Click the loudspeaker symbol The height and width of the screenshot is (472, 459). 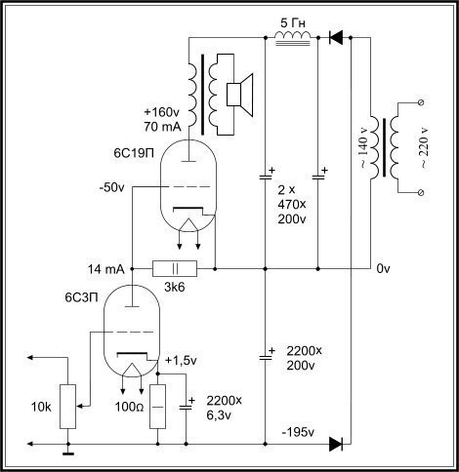point(239,95)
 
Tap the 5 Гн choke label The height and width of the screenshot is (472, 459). point(293,23)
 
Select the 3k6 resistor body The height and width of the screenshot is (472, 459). point(175,268)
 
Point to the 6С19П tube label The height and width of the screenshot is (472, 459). point(134,153)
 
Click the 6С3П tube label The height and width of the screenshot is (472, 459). point(81,297)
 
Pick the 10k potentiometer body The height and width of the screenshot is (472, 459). point(68,407)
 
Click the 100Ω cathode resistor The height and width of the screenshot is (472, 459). point(158,407)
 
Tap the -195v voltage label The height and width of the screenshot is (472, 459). point(298,432)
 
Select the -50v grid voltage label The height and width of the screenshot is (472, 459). point(111,187)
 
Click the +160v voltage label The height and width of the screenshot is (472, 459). point(161,112)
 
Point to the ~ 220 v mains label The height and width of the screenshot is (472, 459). point(424,147)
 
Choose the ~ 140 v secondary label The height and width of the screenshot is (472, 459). point(363,147)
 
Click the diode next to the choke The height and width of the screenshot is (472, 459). point(336,38)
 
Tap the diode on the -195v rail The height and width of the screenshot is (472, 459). point(336,444)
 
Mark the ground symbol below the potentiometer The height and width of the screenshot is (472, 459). point(68,452)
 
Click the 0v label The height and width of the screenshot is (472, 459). point(383,269)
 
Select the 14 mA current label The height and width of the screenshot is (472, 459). point(106,269)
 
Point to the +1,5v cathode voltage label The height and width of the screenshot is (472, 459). point(181,361)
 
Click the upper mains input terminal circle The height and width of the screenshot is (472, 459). point(421,102)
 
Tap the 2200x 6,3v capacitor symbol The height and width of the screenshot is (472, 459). point(187,407)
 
